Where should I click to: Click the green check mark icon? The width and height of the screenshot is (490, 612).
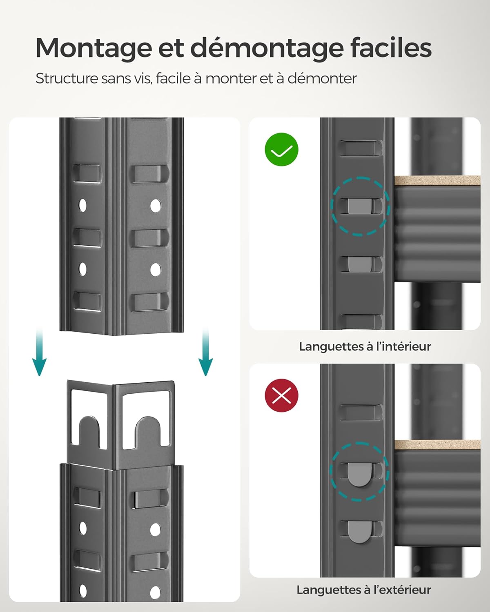(x=282, y=150)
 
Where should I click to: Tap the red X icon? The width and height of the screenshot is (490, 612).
(x=282, y=395)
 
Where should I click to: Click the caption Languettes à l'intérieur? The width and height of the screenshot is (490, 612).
(x=365, y=346)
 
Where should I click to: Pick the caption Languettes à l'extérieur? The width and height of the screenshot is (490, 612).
(x=363, y=590)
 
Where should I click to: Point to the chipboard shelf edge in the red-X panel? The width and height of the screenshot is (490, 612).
(x=437, y=445)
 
